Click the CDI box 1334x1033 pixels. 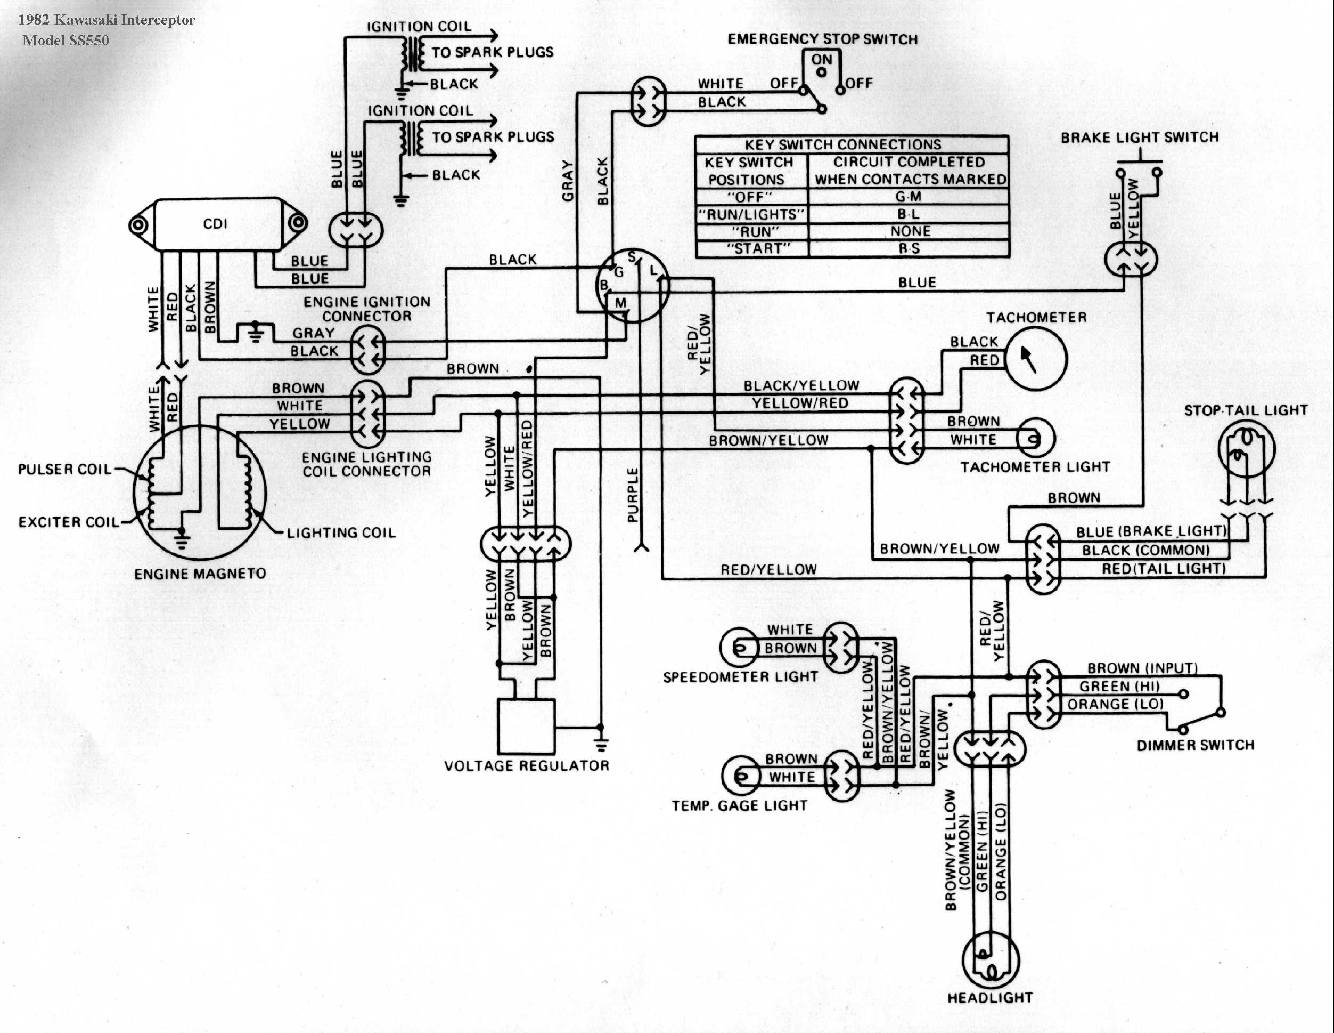(x=217, y=224)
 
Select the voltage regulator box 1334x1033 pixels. (x=527, y=726)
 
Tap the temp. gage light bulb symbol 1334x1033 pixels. (x=741, y=776)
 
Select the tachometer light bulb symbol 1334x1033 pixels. (x=1035, y=438)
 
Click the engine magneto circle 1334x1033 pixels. (x=200, y=491)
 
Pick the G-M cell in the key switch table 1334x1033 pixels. (x=909, y=197)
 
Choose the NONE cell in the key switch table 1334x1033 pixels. (x=910, y=231)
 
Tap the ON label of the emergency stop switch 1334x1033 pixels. (x=822, y=59)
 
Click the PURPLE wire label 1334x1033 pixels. (x=633, y=495)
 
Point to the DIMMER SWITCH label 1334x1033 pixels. (x=1196, y=745)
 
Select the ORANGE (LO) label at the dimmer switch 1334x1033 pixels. (x=1115, y=704)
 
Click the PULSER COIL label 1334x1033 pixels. (x=65, y=470)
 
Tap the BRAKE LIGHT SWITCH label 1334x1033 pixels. (x=1140, y=138)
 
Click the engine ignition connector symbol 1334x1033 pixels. (x=369, y=350)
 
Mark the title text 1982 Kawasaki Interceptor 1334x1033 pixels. (x=107, y=20)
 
